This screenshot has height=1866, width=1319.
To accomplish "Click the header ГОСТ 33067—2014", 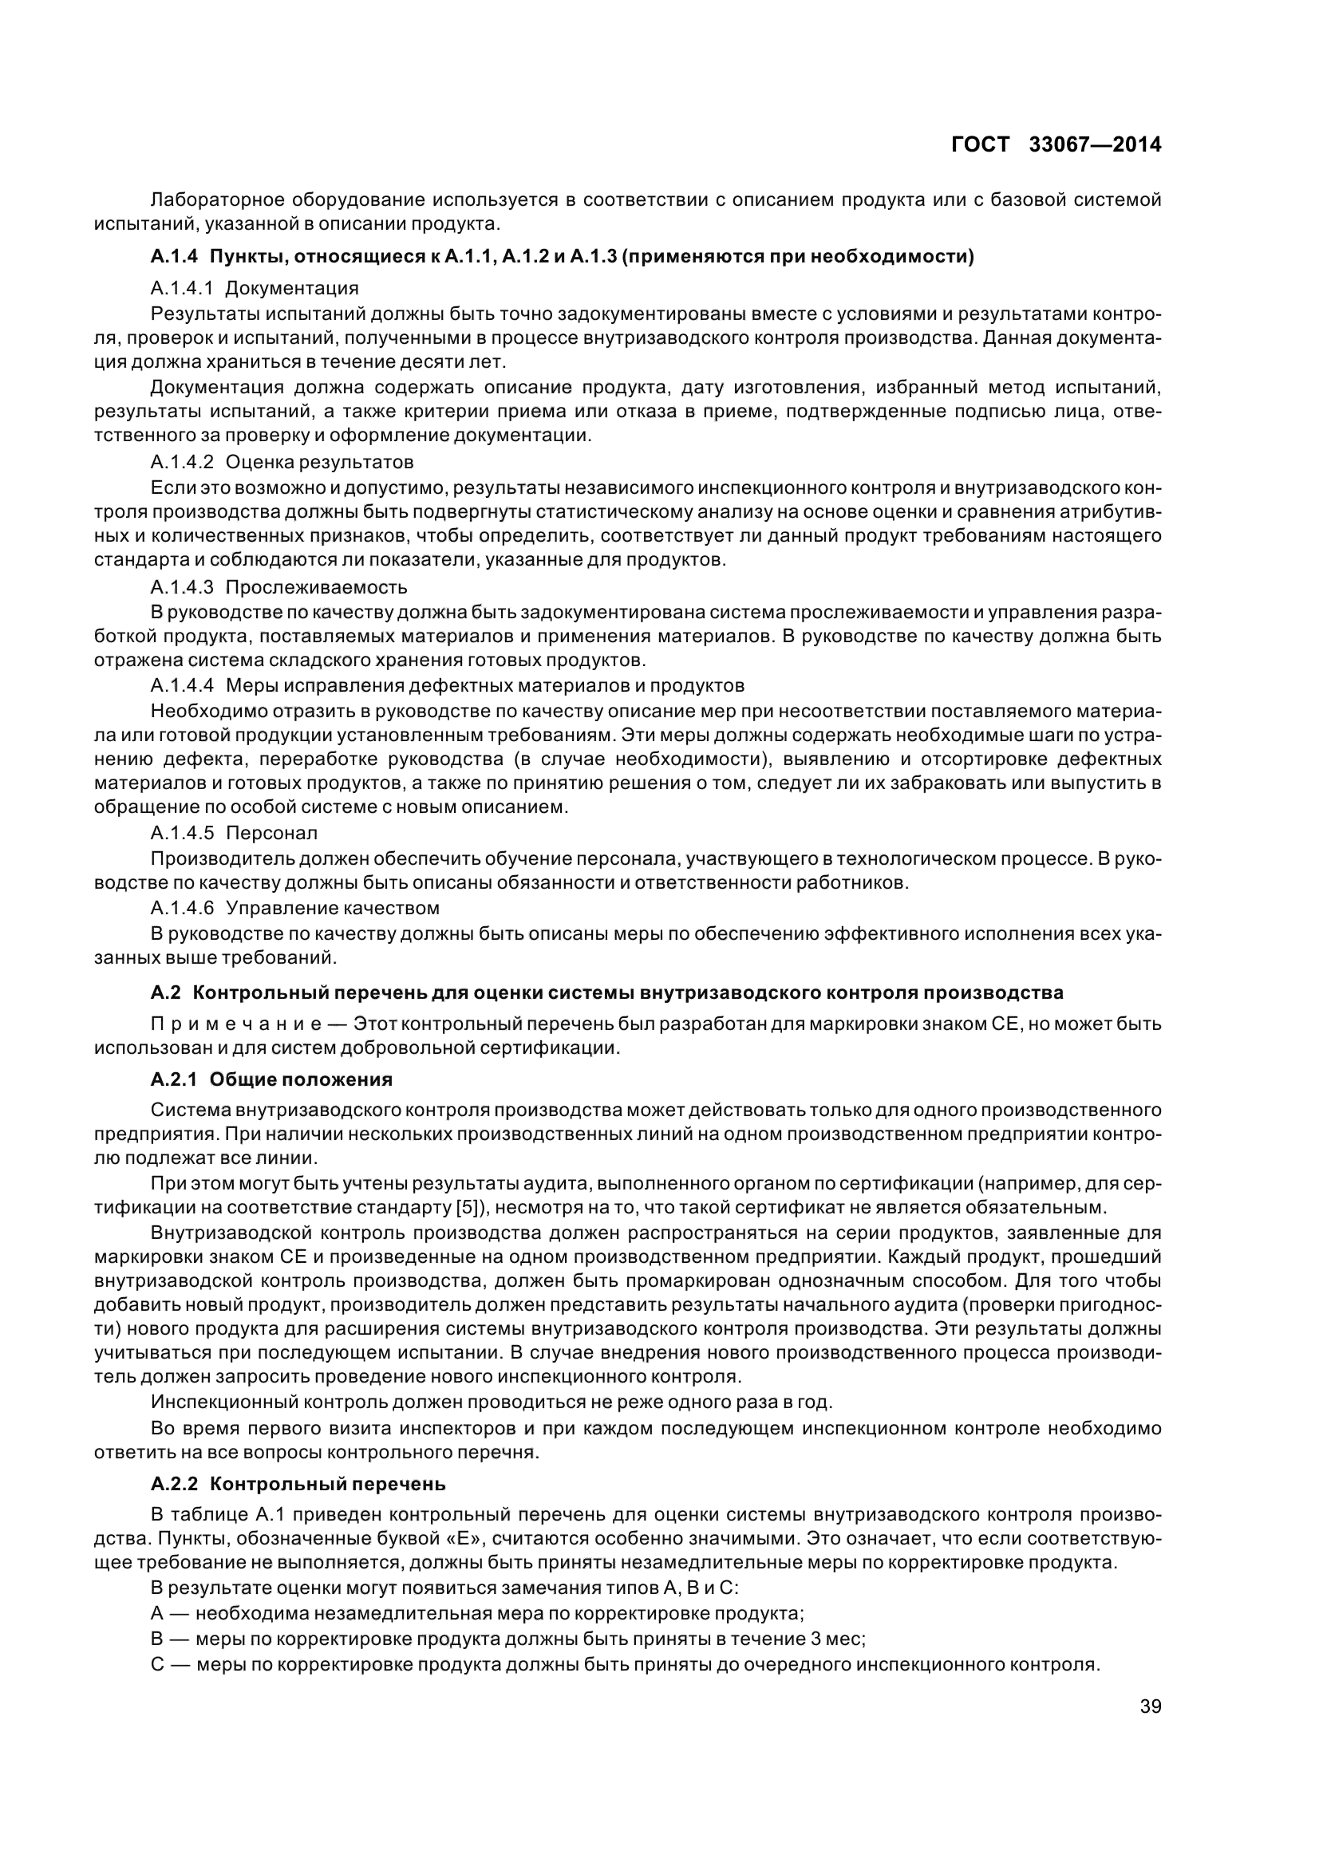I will tap(1055, 144).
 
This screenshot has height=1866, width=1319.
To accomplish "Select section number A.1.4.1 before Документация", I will tap(181, 288).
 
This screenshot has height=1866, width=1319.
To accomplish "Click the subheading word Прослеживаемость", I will tap(316, 587).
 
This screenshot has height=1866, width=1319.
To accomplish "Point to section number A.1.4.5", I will tap(181, 833).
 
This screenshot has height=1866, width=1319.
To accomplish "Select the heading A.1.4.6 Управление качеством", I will tap(294, 907).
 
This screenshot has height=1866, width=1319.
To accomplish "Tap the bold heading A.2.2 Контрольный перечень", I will tap(298, 1484).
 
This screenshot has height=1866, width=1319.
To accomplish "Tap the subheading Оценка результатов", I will tap(319, 463).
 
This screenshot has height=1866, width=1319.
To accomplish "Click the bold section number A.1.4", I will tap(174, 257).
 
